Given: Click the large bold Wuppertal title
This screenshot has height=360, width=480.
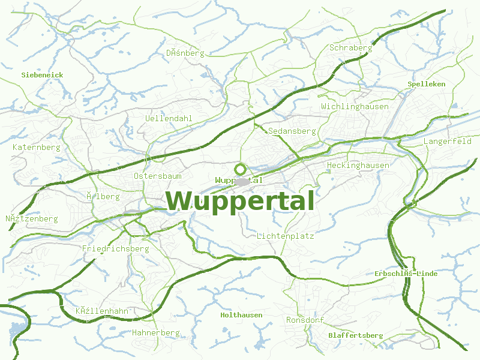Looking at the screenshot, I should [x=240, y=201].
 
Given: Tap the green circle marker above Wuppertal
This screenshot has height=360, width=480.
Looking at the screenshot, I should [x=241, y=169].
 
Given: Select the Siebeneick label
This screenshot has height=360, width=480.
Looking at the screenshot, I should [x=42, y=75].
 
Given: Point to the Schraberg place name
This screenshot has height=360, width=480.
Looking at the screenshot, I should [x=351, y=47].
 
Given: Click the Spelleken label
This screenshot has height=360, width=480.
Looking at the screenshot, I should [x=427, y=84].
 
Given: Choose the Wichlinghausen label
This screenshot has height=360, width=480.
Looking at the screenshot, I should [x=355, y=106].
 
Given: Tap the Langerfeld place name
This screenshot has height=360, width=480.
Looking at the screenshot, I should [x=448, y=142].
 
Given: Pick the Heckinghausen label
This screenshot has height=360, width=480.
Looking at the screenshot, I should [x=358, y=165].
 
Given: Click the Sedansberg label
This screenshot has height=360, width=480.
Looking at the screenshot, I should [x=292, y=131].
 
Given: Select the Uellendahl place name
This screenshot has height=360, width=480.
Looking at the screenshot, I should [x=169, y=118].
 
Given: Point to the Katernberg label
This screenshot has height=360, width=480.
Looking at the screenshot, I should [x=37, y=147].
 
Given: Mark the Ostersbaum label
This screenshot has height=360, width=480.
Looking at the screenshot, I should [x=158, y=176].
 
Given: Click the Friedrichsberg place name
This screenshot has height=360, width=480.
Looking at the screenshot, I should [x=115, y=248].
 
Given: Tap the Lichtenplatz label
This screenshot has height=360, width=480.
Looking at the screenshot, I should [x=286, y=236].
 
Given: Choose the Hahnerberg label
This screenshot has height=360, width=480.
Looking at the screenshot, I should [x=155, y=332].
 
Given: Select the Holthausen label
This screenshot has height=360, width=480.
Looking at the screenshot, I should [x=241, y=315].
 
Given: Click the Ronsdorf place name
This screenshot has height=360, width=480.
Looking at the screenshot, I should [x=305, y=320].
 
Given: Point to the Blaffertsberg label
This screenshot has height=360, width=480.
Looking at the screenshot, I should [x=356, y=335].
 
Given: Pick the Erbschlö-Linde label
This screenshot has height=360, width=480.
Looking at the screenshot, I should [x=406, y=274].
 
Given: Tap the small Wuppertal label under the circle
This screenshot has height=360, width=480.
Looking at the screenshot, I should [x=239, y=180].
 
